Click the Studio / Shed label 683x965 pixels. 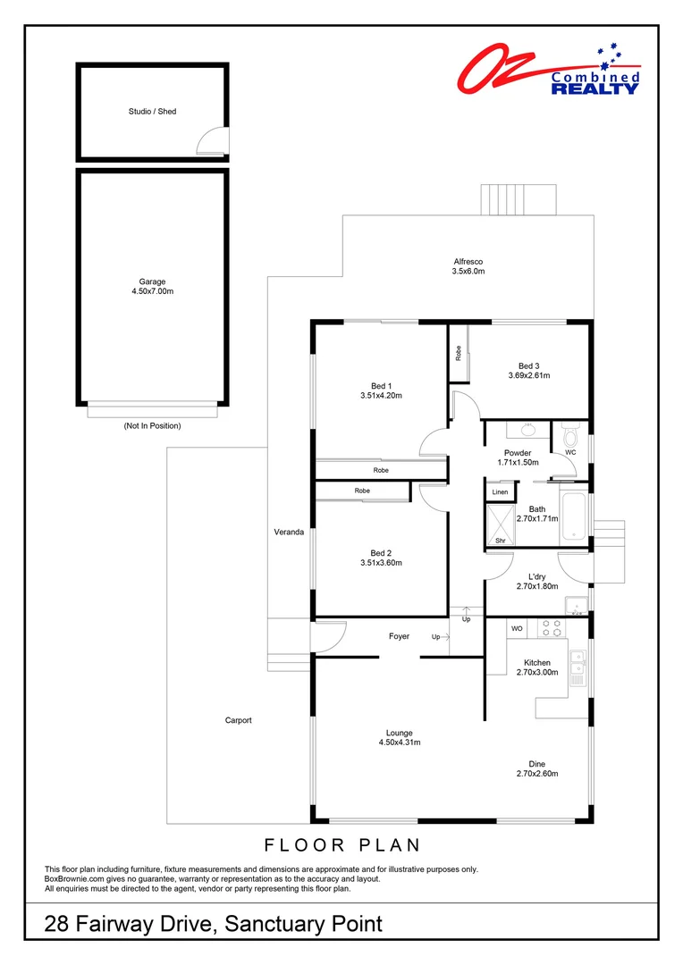coord(152,112)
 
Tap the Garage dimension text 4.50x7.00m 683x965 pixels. coord(152,290)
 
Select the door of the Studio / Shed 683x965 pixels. coord(211,141)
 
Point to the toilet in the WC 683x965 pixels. coord(569,437)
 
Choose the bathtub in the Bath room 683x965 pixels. coord(572,516)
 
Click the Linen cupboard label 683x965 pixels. coord(500,492)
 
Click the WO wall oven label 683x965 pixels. coord(516,629)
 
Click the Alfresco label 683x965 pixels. coord(468,262)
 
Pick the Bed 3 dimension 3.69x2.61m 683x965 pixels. coord(528,375)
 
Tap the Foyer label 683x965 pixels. coord(399,636)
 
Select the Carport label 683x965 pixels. coord(238,719)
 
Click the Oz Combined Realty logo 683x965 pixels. coord(548,71)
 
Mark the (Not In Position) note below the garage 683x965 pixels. coord(152,426)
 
